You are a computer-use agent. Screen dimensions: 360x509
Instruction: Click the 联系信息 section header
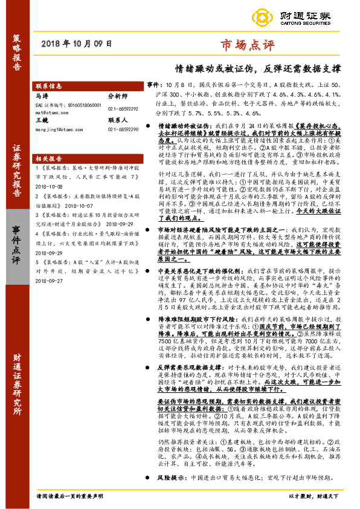(x=50, y=86)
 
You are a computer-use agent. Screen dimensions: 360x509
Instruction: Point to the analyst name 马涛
(x=42, y=96)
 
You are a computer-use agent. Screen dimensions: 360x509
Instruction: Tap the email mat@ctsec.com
(x=51, y=112)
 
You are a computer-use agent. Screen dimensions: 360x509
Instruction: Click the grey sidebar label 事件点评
(x=17, y=242)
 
